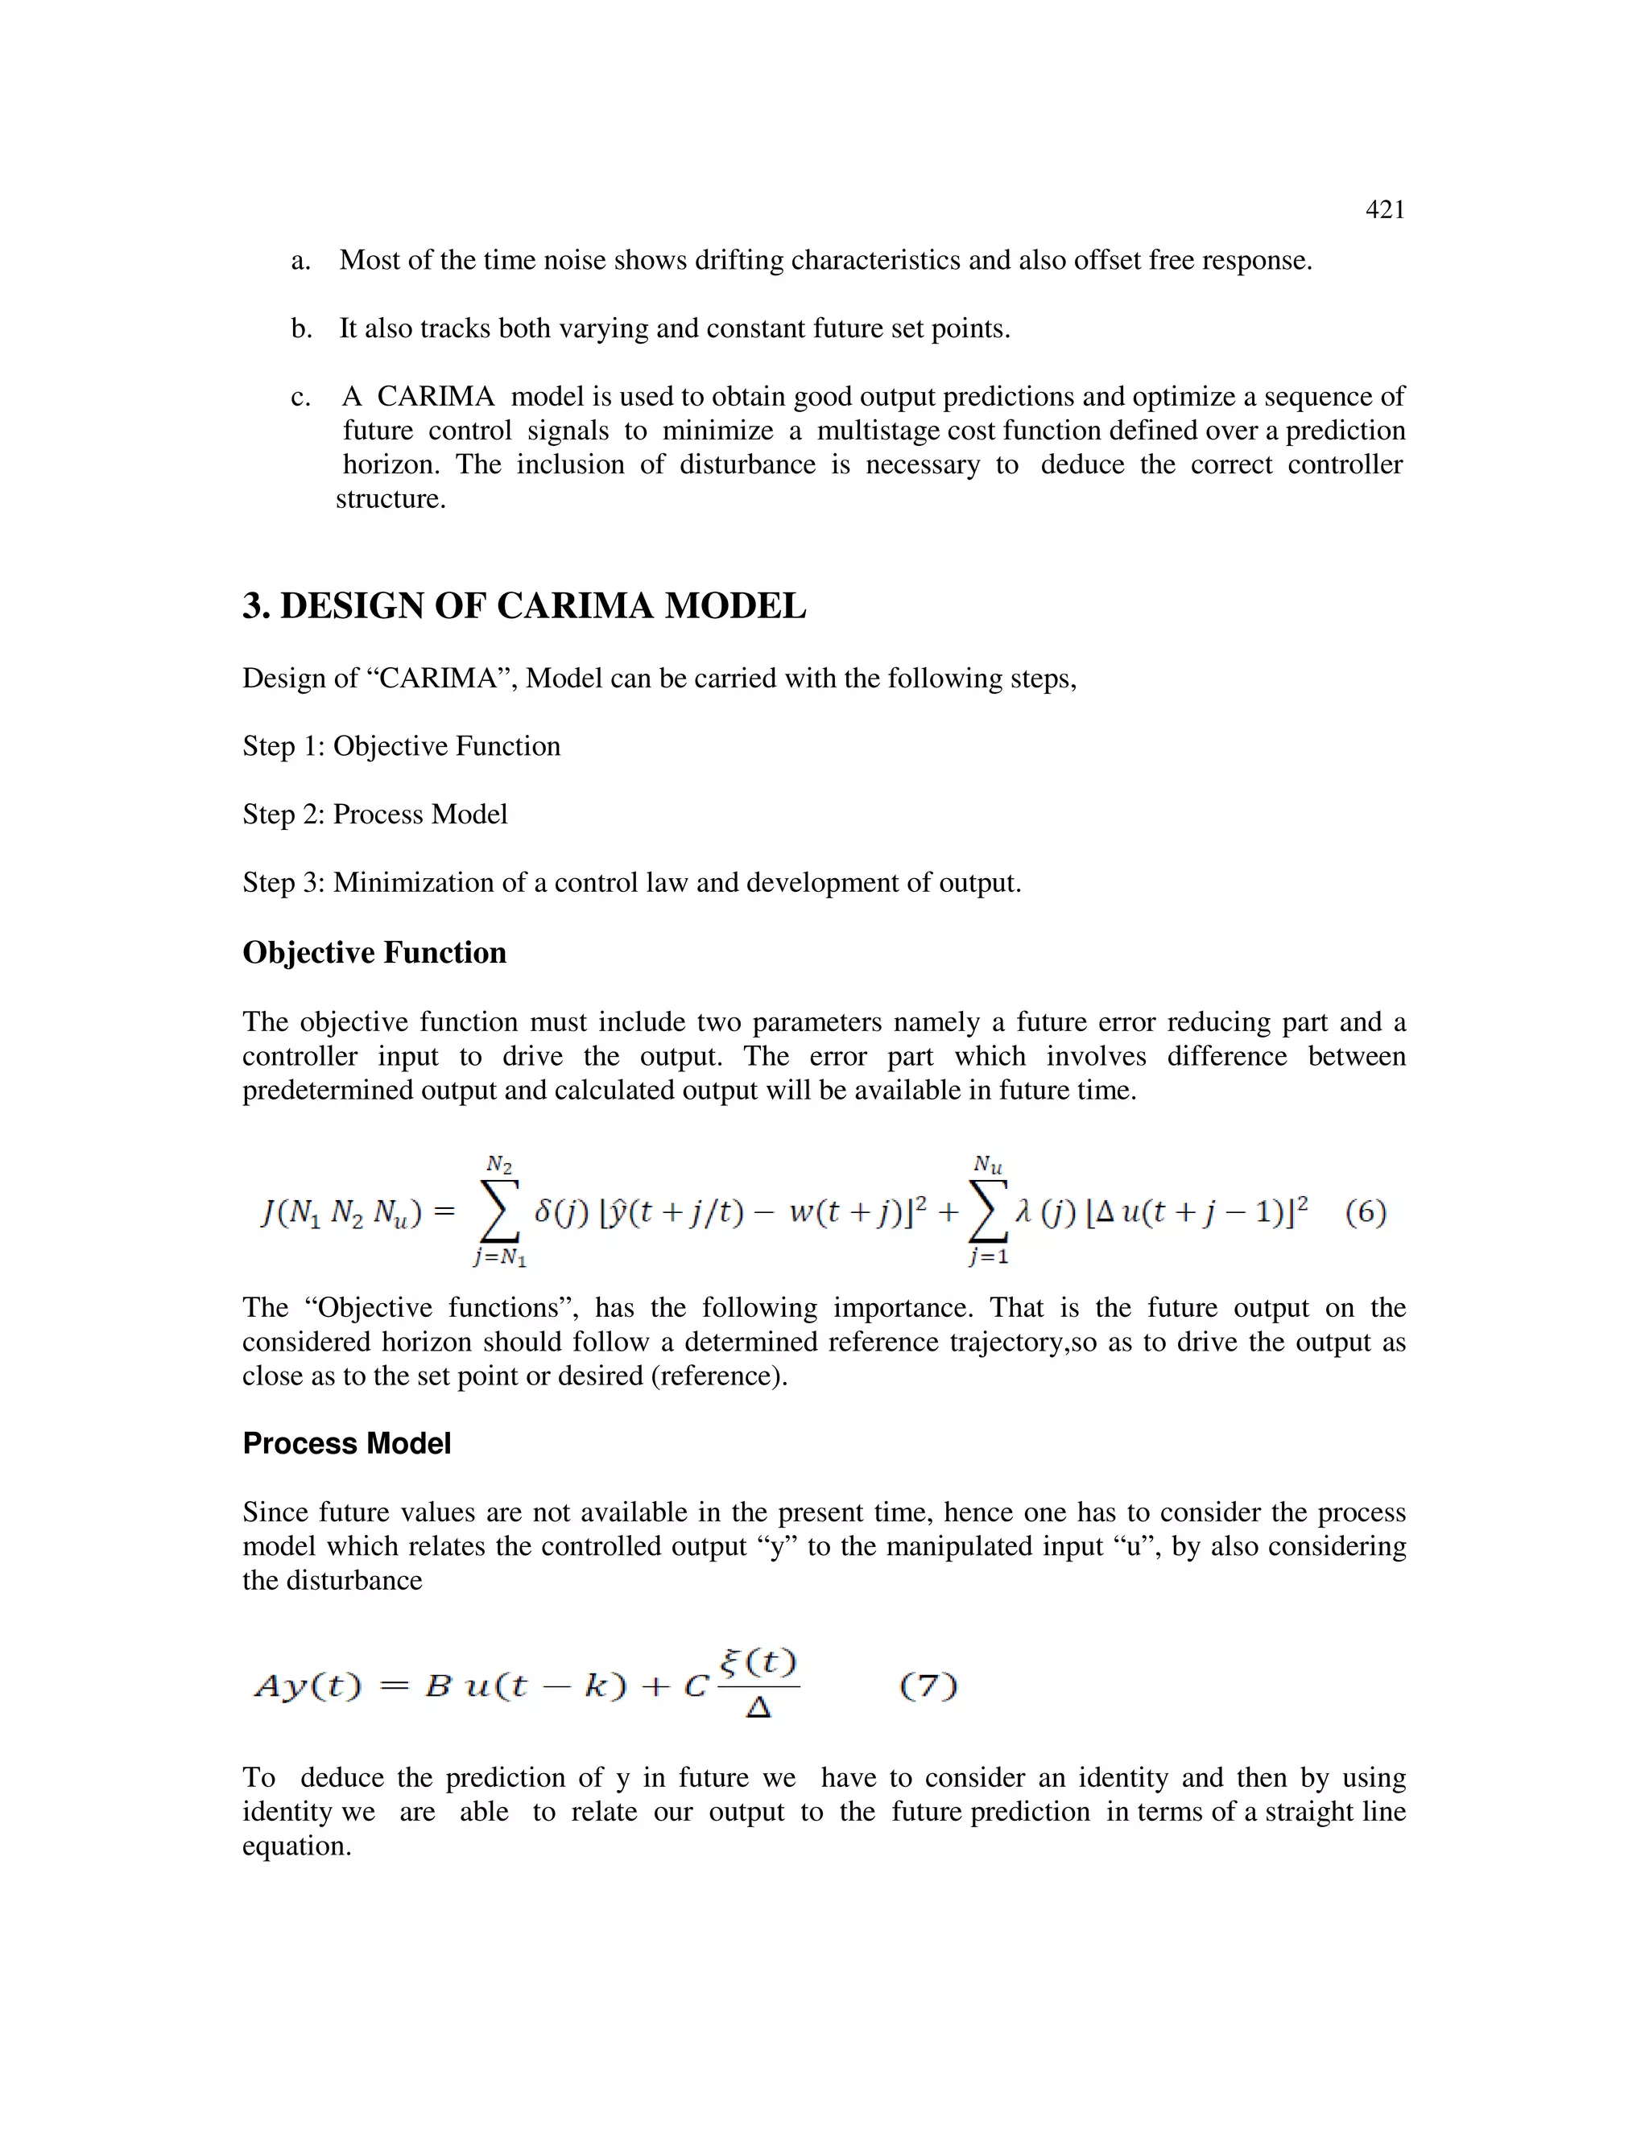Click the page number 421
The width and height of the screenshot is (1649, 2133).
coord(1384,210)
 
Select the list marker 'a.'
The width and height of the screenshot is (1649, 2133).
coord(301,261)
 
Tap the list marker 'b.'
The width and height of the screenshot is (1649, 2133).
coord(302,329)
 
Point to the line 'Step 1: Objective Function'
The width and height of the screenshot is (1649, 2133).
coord(402,746)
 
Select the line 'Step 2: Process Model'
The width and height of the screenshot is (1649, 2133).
coord(375,815)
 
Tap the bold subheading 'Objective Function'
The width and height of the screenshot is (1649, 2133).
coord(374,953)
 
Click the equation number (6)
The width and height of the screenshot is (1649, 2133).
coord(1366,1212)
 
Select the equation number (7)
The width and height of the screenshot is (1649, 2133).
coord(928,1685)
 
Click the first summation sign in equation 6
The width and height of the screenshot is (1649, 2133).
coord(499,1213)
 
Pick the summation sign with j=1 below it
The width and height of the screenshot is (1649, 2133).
coord(988,1213)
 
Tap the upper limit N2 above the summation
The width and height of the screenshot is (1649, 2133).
coord(499,1164)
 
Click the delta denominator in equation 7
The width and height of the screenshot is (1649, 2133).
coord(758,1708)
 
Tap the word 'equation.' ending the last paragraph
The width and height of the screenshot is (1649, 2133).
coord(296,1846)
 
